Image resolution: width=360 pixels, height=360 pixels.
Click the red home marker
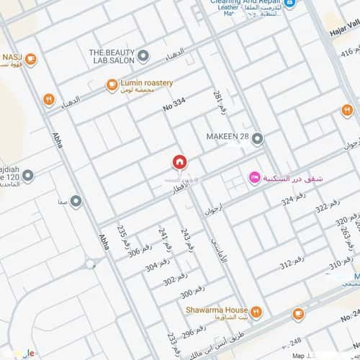179,162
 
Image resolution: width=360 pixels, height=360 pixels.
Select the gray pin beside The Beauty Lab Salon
143,55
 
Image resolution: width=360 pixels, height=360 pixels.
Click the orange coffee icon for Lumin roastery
112,86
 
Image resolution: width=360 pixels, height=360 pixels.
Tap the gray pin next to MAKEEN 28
257,137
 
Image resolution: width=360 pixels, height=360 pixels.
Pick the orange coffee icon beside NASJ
30,59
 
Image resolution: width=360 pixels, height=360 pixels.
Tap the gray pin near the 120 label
27,176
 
